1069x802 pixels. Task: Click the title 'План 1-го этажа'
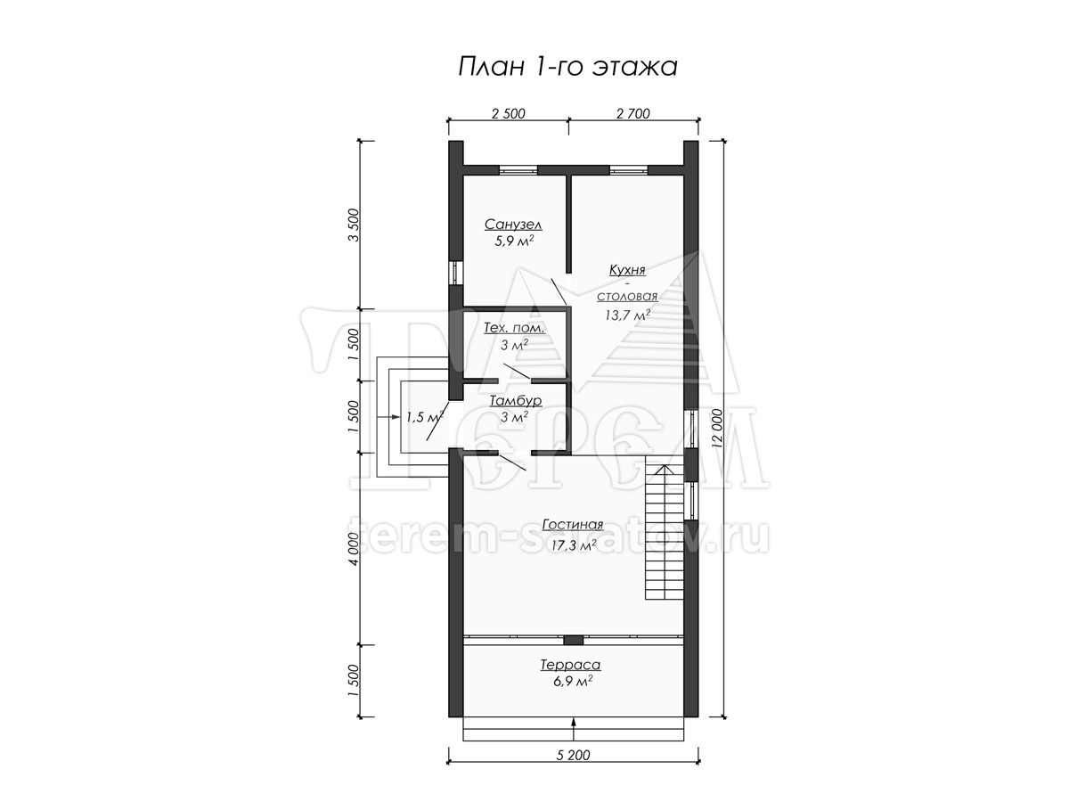pyautogui.click(x=567, y=67)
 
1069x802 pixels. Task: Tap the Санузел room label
pyautogui.click(x=513, y=225)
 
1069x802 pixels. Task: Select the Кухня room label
pyautogui.click(x=627, y=270)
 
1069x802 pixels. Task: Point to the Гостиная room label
pyautogui.click(x=573, y=525)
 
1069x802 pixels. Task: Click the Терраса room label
pyautogui.click(x=571, y=665)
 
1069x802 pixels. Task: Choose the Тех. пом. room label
pyautogui.click(x=514, y=328)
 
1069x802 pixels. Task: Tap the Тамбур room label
pyautogui.click(x=516, y=400)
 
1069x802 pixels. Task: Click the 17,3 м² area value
pyautogui.click(x=575, y=544)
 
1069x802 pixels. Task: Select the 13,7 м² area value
pyautogui.click(x=628, y=315)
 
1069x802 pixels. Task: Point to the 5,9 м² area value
pyautogui.click(x=515, y=241)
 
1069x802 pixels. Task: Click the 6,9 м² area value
pyautogui.click(x=573, y=681)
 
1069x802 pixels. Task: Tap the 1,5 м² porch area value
pyautogui.click(x=425, y=417)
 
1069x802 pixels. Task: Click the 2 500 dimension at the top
pyautogui.click(x=509, y=113)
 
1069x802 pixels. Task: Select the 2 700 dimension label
pyautogui.click(x=633, y=113)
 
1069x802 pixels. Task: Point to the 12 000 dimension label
pyautogui.click(x=716, y=429)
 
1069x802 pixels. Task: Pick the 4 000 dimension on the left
pyautogui.click(x=354, y=549)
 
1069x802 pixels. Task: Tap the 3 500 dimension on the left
pyautogui.click(x=354, y=225)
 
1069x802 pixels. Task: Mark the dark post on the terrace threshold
pyautogui.click(x=573, y=640)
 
